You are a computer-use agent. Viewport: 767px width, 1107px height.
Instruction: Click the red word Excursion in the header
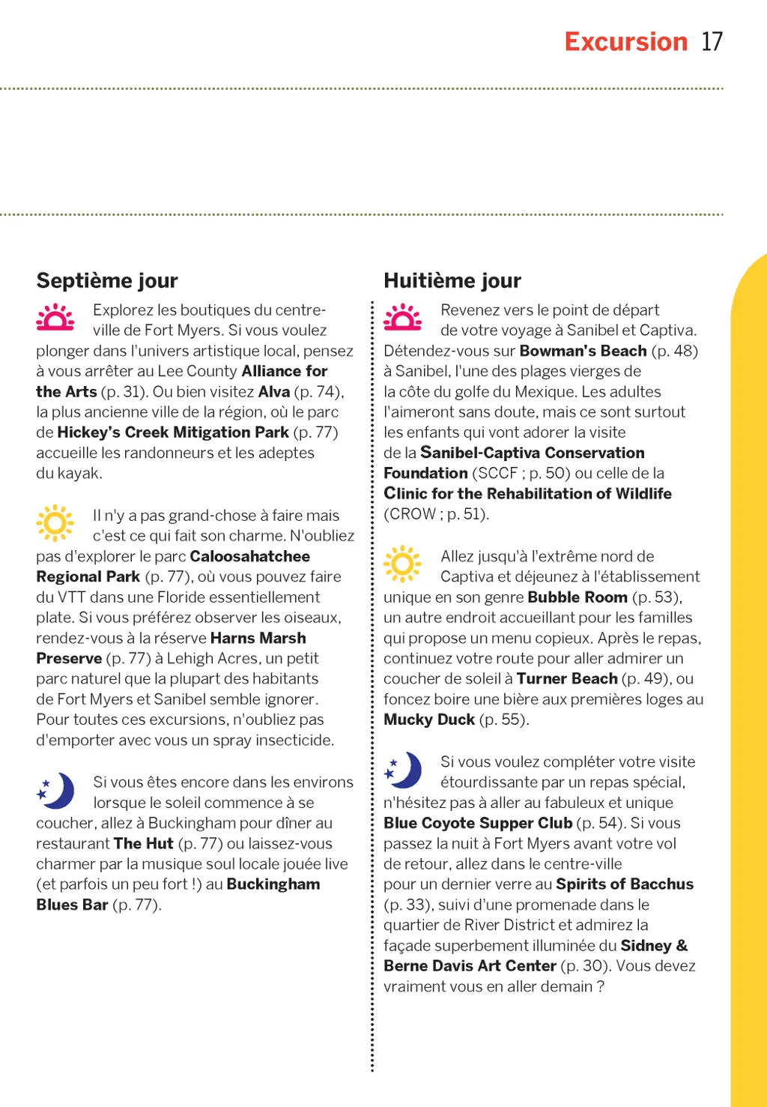tap(625, 42)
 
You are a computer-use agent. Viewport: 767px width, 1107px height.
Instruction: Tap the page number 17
tap(712, 42)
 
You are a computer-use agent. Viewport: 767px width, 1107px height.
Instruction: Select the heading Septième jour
tap(107, 280)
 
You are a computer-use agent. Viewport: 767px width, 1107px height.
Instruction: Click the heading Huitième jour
tap(452, 280)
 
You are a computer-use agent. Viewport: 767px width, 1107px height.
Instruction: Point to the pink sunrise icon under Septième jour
tap(55, 317)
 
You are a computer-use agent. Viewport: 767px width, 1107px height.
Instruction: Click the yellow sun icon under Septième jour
tap(55, 522)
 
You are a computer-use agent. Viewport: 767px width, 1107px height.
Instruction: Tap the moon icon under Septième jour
tap(56, 790)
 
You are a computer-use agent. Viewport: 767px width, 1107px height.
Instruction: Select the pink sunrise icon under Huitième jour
tap(403, 317)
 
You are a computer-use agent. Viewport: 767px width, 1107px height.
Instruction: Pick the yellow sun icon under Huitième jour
tap(402, 564)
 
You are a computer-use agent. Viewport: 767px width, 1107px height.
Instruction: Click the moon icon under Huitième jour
tap(404, 770)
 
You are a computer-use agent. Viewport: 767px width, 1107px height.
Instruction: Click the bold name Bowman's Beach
tap(583, 351)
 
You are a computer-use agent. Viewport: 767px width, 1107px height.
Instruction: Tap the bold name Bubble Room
tap(577, 597)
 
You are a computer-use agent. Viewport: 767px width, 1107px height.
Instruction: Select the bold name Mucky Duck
tap(429, 720)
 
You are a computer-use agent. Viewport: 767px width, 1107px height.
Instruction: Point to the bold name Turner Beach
tap(567, 679)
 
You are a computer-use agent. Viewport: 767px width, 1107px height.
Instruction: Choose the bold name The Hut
tap(144, 843)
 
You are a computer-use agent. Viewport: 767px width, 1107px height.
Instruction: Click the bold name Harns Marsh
tap(258, 638)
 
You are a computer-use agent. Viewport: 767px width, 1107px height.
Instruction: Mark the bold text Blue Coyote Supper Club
tap(478, 823)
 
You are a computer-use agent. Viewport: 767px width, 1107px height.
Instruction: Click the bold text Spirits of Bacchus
tap(625, 884)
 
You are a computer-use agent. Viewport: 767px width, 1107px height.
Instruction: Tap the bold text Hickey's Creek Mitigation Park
tap(173, 432)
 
